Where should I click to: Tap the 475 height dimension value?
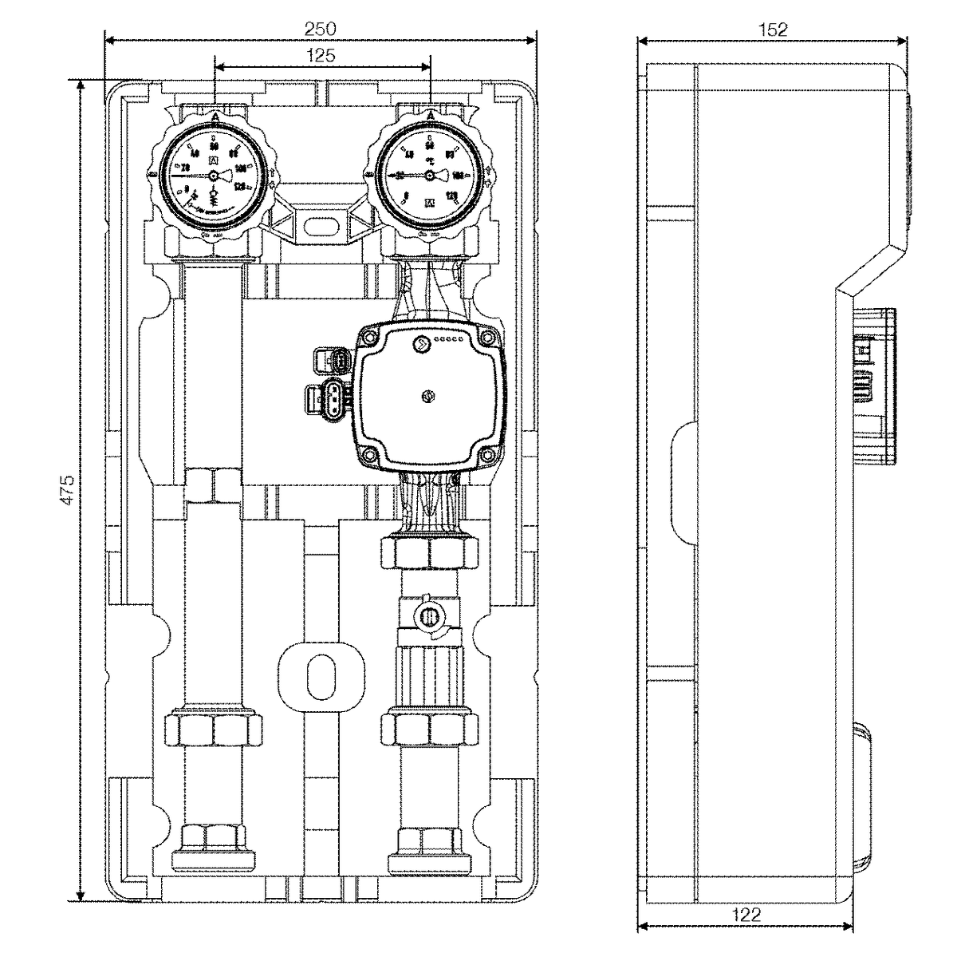tap(69, 489)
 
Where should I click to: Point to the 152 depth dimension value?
tap(772, 30)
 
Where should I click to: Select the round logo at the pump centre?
tap(427, 394)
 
